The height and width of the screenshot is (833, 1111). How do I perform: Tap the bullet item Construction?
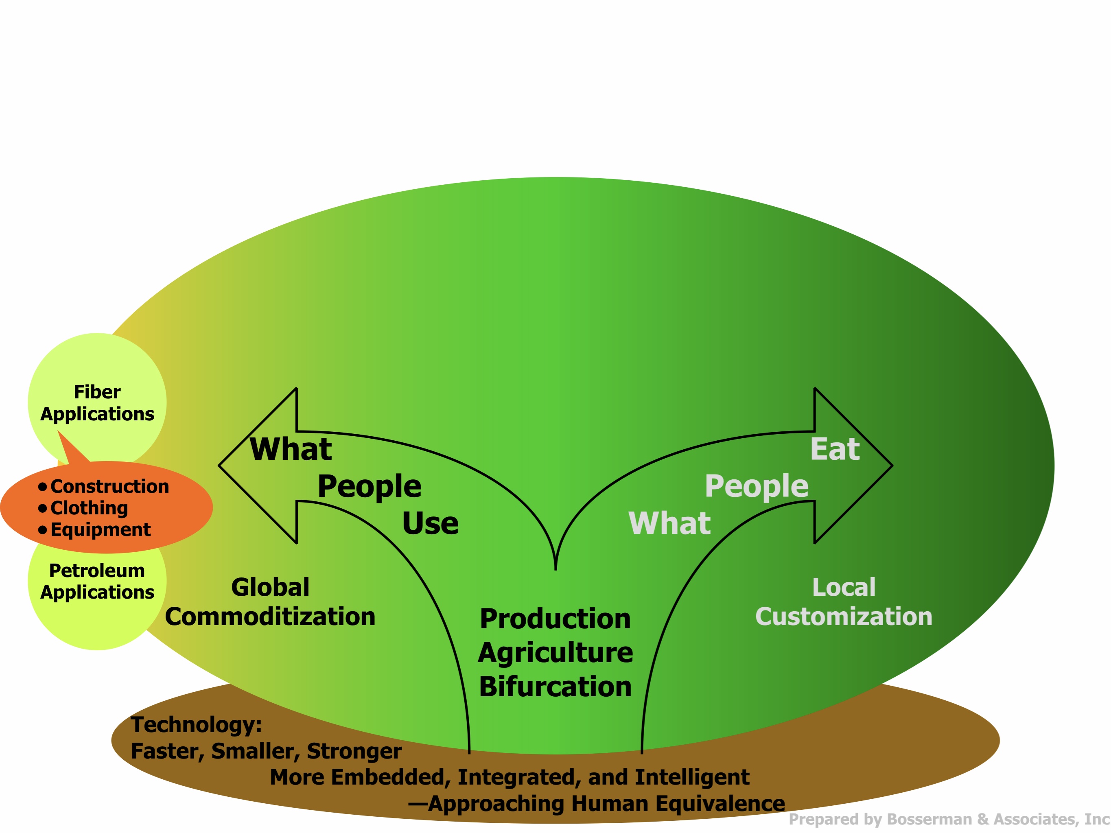[109, 487]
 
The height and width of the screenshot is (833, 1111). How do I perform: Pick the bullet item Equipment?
[101, 530]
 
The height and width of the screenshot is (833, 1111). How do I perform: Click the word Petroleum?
[97, 571]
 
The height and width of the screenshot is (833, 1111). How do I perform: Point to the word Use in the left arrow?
[431, 524]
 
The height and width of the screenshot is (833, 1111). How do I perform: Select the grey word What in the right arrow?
[669, 524]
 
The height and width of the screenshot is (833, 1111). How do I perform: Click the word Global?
[270, 588]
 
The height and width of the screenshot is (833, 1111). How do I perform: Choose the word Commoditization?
[270, 617]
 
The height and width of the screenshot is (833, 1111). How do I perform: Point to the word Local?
[844, 588]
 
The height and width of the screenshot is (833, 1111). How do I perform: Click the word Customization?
[844, 617]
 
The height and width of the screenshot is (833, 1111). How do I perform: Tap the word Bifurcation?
[555, 687]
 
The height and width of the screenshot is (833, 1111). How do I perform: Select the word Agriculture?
[555, 653]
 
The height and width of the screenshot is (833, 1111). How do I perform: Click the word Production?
[555, 619]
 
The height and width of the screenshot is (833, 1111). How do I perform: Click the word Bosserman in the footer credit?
[929, 820]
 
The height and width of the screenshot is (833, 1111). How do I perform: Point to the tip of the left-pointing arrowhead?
[219, 466]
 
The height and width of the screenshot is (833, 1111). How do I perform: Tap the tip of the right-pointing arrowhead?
[892, 466]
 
